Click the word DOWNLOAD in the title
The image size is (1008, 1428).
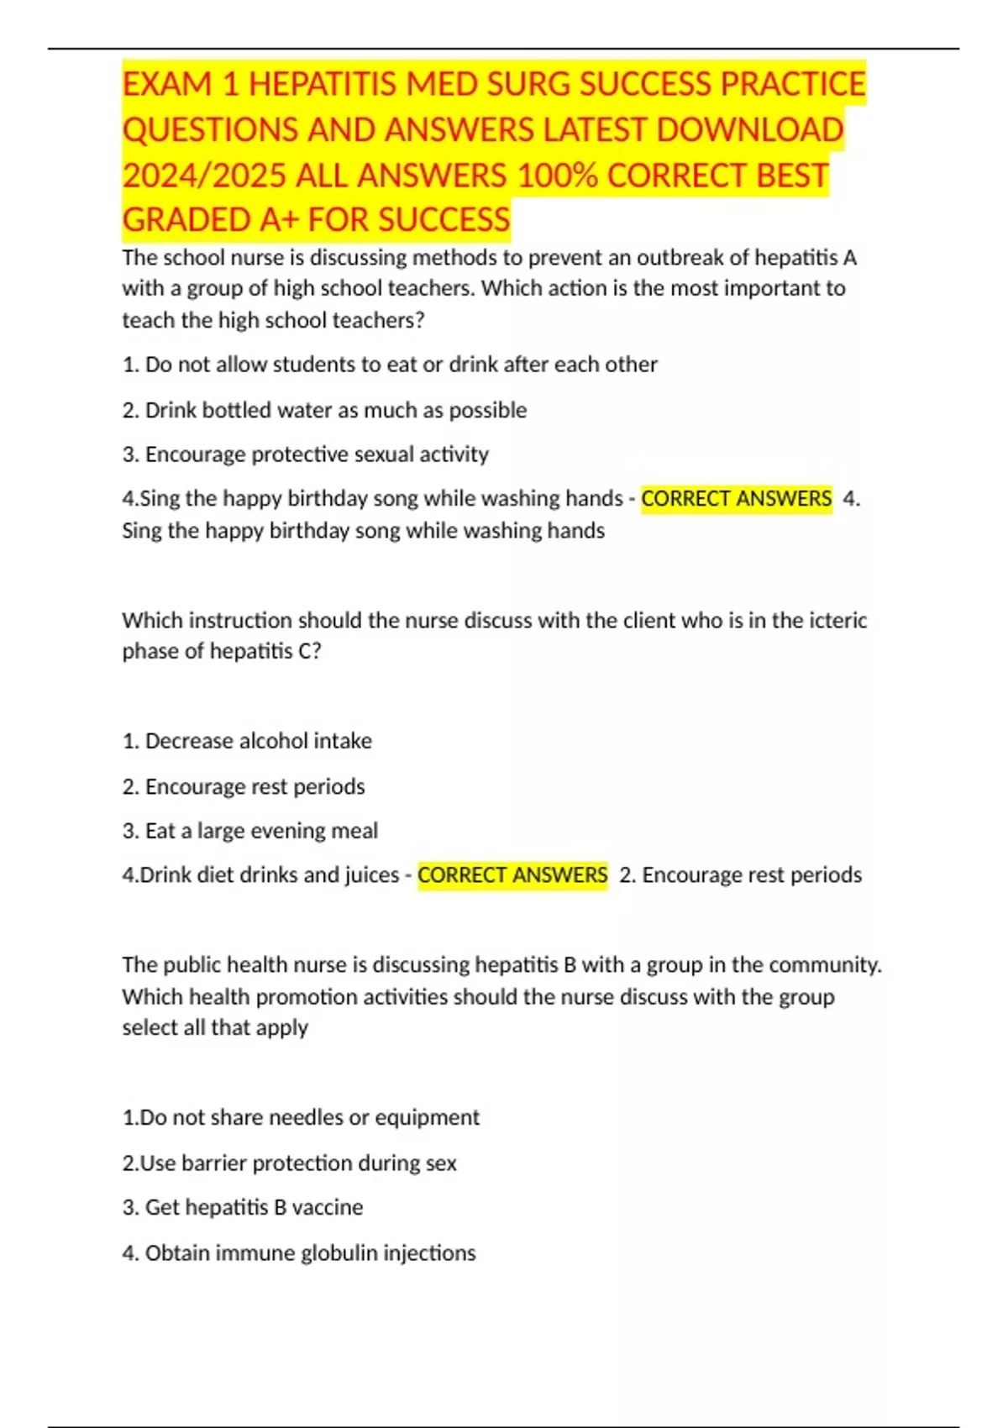[x=749, y=130]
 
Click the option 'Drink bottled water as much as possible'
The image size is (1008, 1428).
[x=324, y=410]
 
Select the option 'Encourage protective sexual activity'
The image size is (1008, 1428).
[x=306, y=454]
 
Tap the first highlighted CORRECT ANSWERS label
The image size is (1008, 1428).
[x=736, y=499]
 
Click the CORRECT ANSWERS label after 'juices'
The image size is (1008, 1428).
[x=512, y=875]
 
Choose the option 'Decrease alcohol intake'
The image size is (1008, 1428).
[x=247, y=741]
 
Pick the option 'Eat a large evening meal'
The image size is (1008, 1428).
[x=250, y=831]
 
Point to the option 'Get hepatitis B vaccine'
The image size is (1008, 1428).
[x=243, y=1207]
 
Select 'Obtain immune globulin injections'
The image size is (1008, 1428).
[x=299, y=1253]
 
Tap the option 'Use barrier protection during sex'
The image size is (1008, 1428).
[x=290, y=1163]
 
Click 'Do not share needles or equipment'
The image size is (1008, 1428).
[x=301, y=1117]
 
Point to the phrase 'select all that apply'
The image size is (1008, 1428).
[x=215, y=1027]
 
